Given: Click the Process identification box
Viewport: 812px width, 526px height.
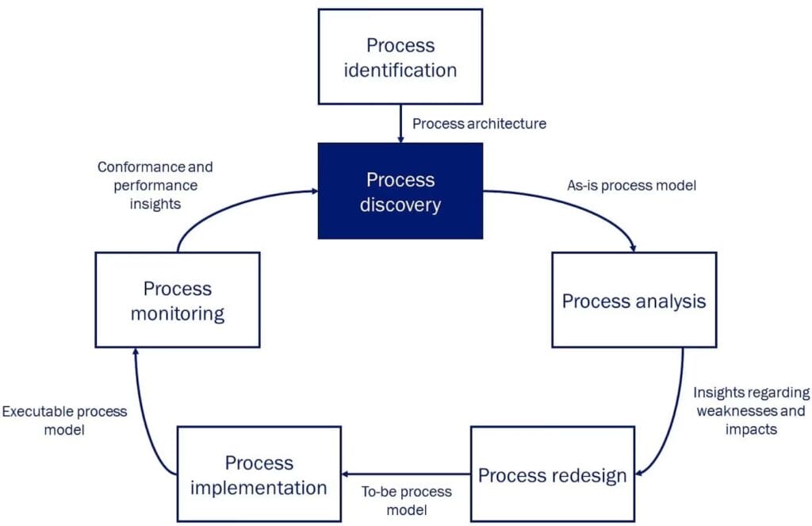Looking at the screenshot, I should pos(400,56).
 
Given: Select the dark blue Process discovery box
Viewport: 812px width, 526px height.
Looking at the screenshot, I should pos(400,191).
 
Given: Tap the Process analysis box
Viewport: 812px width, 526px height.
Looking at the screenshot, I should pos(634,300).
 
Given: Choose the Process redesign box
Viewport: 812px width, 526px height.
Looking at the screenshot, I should pos(553,474).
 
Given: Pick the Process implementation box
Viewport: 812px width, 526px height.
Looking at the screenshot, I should pos(259,474).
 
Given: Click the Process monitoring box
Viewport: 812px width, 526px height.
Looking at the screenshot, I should pos(177,300).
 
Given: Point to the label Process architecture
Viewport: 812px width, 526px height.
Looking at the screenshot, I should pos(479,123).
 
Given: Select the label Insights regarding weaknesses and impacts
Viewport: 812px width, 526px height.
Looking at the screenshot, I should pos(751,410).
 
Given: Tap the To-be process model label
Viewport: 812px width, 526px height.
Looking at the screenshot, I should pos(406,500).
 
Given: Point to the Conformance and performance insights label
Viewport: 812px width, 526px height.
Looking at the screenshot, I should pos(155,186).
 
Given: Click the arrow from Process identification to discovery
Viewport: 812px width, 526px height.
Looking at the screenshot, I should pos(400,124).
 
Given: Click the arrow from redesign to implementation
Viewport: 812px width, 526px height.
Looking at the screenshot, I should pos(406,474).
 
